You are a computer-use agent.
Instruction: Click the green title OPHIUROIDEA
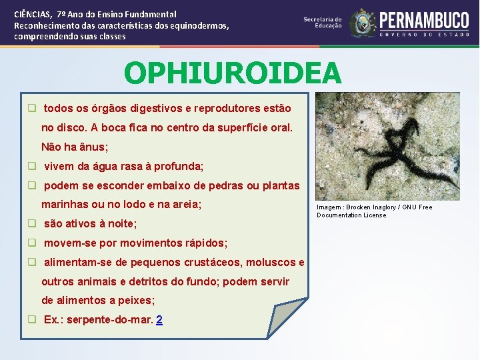[x=232, y=73]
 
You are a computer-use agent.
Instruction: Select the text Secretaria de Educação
[x=323, y=23]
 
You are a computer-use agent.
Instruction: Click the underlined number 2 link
[x=159, y=319]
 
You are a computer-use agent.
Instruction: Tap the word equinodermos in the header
[x=199, y=25]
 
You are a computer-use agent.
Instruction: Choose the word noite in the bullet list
[x=121, y=223]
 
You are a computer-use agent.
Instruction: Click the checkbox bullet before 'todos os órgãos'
[x=31, y=108]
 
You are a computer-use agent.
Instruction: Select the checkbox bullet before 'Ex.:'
[x=31, y=319]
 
